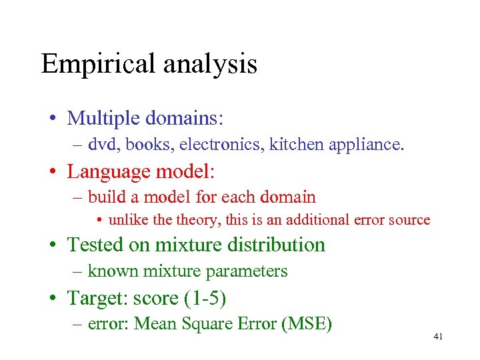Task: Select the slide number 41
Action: [x=438, y=337]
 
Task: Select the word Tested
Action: [x=95, y=245]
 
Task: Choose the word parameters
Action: [x=248, y=271]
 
